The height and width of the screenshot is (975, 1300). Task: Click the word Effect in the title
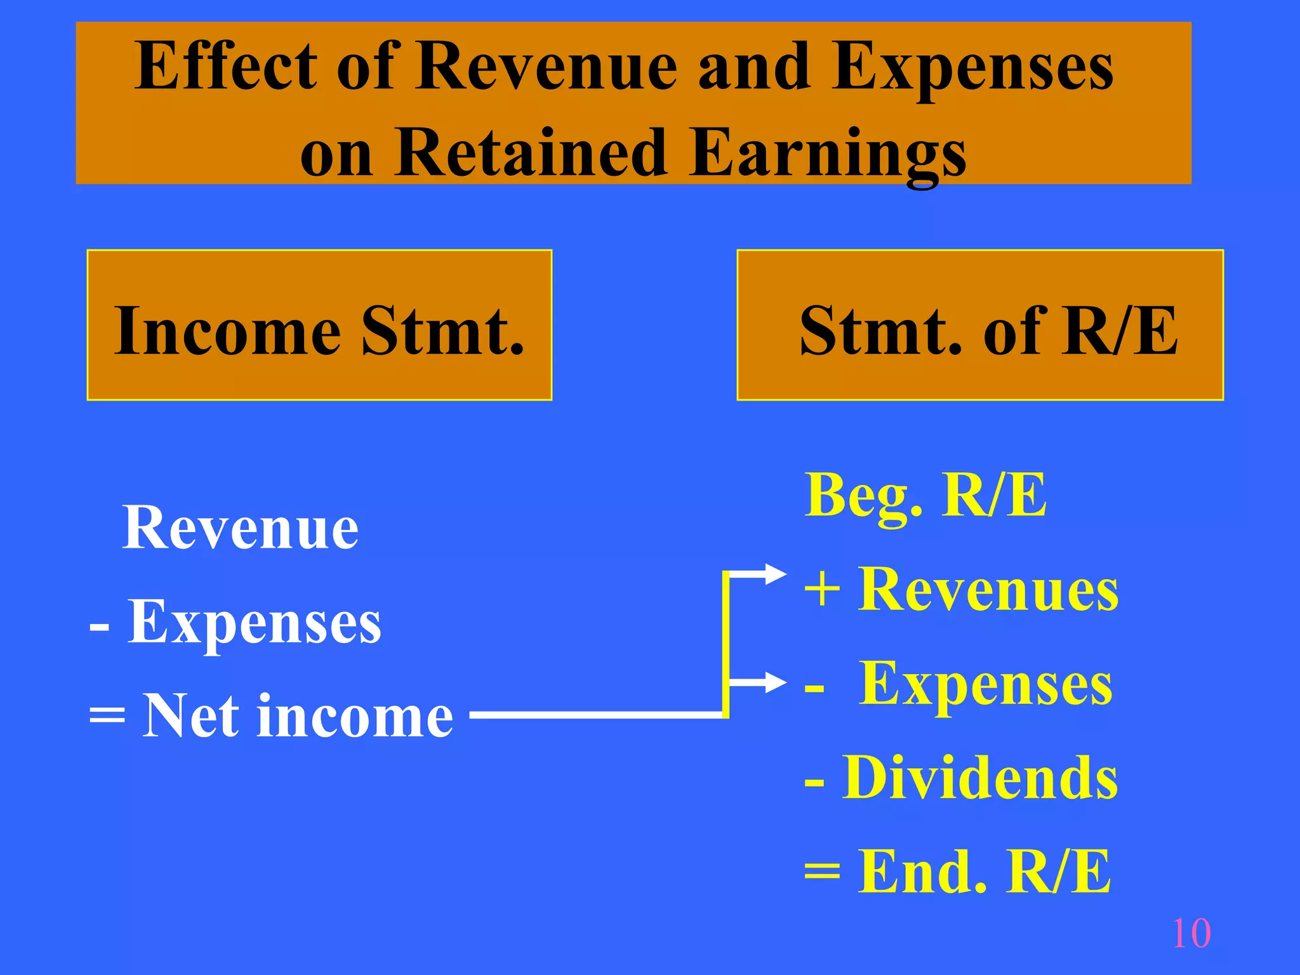coord(225,67)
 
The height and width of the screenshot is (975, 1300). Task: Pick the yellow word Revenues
coord(988,590)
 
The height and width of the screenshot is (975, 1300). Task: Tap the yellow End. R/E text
coord(984,872)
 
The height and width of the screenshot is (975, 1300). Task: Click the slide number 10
coord(1191,933)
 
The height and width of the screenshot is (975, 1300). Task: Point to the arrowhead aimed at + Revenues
coord(776,574)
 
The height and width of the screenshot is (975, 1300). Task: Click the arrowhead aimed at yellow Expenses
coord(776,683)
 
